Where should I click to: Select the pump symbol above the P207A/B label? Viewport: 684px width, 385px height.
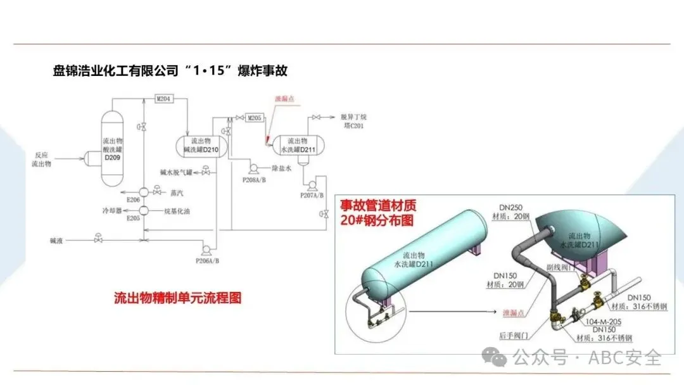[312, 186]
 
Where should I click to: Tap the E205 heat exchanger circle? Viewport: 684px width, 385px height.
[143, 211]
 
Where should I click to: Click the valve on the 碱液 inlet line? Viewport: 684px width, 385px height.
[98, 240]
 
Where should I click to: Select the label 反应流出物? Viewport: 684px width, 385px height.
[46, 159]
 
